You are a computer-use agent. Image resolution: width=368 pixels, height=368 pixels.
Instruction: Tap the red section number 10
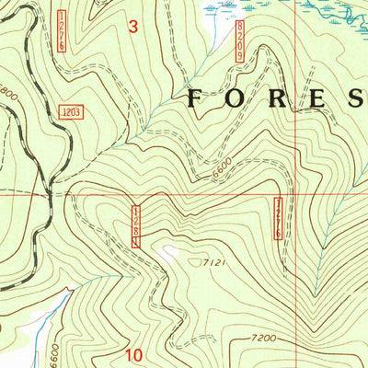pos(133,354)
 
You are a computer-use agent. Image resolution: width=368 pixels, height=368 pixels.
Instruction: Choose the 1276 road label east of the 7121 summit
pos(278,220)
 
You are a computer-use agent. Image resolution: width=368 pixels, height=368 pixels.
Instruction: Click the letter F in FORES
pos(196,99)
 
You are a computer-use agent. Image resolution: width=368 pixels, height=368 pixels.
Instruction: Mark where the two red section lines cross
pos(293,195)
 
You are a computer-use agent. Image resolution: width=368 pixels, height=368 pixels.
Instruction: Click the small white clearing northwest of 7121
pos(167,251)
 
